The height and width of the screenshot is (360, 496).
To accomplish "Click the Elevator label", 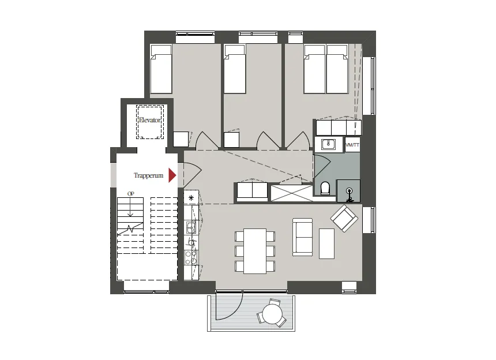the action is tap(149, 120).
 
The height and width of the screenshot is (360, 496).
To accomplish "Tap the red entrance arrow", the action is tap(172, 175).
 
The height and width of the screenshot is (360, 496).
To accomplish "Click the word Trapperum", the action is tap(148, 175).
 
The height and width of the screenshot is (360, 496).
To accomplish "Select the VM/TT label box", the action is tap(352, 145).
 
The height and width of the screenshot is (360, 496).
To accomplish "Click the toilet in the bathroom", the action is tap(325, 188).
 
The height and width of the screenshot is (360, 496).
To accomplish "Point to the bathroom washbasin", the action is tap(328, 145).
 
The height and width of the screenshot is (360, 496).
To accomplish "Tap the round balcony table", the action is tap(272, 314).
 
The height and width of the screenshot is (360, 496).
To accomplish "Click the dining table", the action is tap(255, 251).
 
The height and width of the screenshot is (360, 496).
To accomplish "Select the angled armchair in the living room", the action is tap(344, 219).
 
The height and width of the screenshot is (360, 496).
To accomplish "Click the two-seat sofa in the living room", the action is tap(303, 237).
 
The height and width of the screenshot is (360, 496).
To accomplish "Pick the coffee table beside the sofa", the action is tap(327, 243).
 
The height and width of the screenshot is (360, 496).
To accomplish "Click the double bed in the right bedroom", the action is tap(326, 69).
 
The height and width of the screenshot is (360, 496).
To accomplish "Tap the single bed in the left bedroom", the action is tap(161, 69).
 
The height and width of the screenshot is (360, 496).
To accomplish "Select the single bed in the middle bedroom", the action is tap(235, 69).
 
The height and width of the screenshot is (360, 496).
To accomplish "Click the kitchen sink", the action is tap(190, 227).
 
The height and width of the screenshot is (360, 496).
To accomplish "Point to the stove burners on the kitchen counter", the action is tap(191, 257).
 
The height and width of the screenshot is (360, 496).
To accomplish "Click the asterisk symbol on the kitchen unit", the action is tap(191, 198).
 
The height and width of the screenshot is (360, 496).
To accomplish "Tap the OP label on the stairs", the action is tap(131, 194).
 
